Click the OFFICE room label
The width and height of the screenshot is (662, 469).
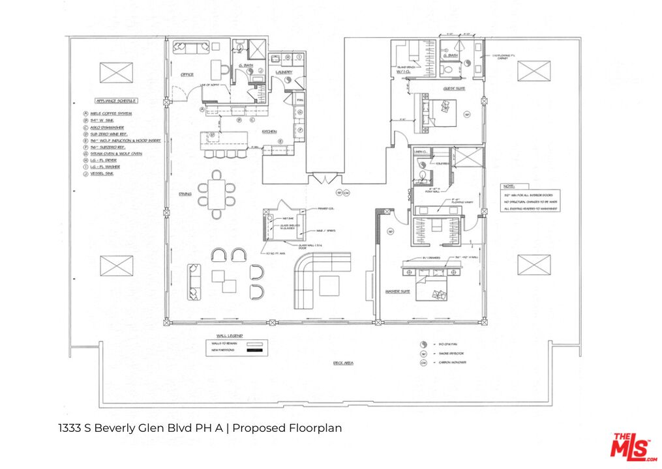(187, 75)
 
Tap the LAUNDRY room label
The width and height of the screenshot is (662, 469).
(283, 72)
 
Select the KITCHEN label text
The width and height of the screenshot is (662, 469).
(270, 131)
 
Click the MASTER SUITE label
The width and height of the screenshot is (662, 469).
(397, 292)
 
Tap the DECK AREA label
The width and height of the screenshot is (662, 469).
(343, 363)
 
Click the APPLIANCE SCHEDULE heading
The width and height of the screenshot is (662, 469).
(115, 102)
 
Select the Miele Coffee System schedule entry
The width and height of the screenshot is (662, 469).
(111, 114)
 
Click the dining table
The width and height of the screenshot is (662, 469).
(217, 193)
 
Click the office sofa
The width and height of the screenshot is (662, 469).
(188, 48)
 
